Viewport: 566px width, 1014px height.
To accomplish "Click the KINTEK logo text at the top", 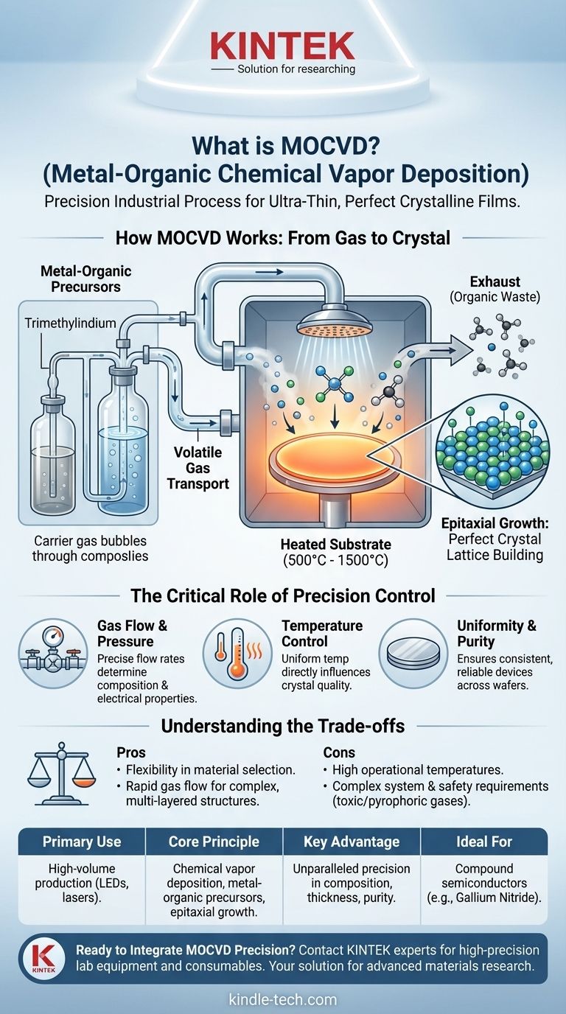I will click(283, 45).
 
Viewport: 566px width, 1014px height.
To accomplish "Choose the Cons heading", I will click(340, 753).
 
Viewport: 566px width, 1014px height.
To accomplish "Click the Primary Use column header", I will click(82, 841).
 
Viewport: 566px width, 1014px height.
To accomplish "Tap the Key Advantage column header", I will click(351, 841).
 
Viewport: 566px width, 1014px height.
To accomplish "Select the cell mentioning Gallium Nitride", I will click(484, 883).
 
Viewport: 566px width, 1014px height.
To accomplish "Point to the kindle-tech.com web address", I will click(283, 1000).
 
